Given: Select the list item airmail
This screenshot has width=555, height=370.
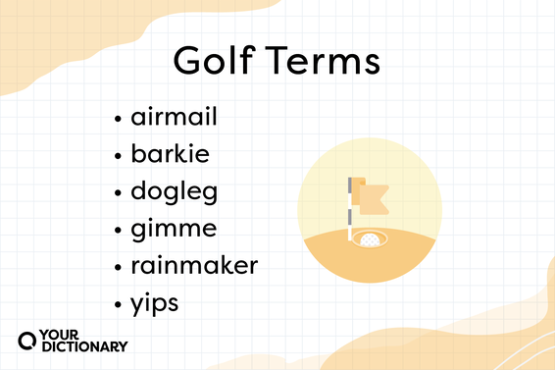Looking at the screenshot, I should click(174, 119).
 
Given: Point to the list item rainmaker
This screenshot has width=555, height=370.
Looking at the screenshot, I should click(194, 266).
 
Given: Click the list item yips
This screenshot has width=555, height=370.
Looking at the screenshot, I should click(155, 303).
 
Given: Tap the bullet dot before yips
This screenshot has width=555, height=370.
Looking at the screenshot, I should click(119, 304).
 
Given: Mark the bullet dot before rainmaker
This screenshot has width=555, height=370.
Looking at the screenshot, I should click(119, 267).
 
